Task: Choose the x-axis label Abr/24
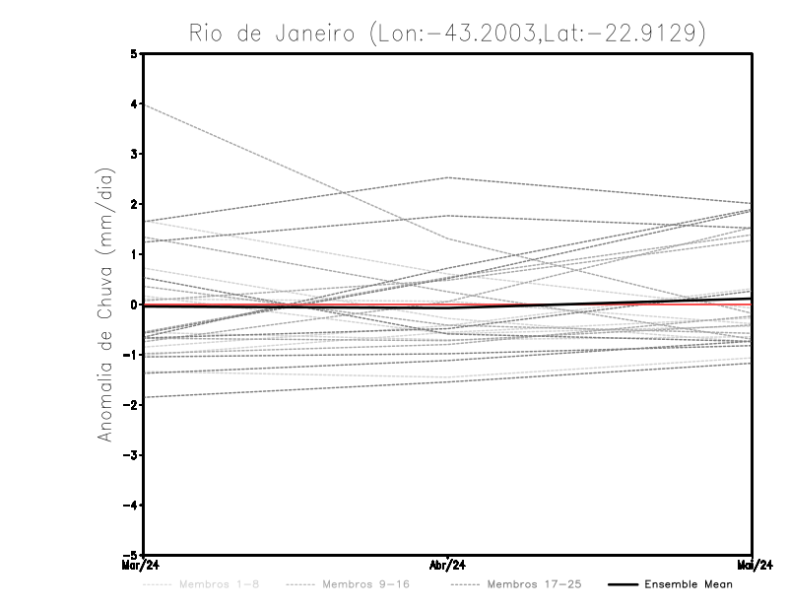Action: pyautogui.click(x=448, y=566)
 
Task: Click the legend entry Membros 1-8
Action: pyautogui.click(x=220, y=584)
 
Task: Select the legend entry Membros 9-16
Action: pyautogui.click(x=364, y=584)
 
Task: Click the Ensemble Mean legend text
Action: pyautogui.click(x=689, y=584)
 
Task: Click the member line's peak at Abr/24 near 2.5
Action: pyautogui.click(x=448, y=177)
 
